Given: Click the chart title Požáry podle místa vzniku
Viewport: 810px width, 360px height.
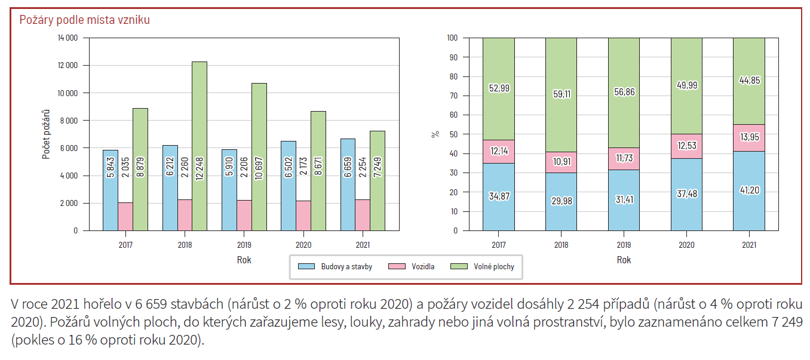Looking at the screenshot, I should click(84, 20).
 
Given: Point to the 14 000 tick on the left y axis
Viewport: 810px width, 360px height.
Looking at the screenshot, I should click(67, 38).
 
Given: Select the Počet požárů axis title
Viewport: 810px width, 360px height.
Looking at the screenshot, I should click(46, 134).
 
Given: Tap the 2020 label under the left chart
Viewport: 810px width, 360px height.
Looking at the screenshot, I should click(303, 245).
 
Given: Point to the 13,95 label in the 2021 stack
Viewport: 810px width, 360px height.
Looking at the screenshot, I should click(748, 137).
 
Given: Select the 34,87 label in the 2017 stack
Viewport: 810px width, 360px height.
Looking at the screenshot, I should click(498, 196).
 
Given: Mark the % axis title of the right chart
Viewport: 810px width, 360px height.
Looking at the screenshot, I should click(435, 134).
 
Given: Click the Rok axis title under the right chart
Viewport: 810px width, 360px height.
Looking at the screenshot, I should click(624, 260).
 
